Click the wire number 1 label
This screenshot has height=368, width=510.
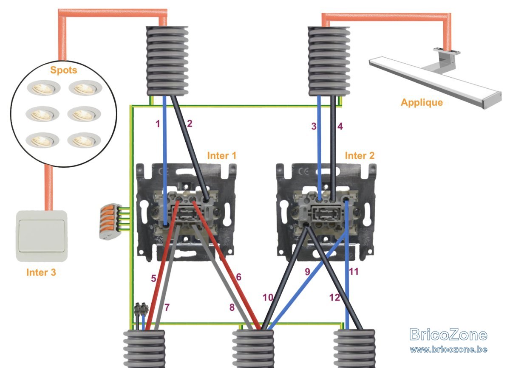(x=158, y=124)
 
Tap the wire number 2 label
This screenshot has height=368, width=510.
(x=190, y=124)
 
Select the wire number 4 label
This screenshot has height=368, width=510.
(x=340, y=126)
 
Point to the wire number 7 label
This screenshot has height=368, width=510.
(x=167, y=307)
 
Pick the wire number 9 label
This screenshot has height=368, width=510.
(x=307, y=272)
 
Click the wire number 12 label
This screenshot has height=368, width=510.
(x=334, y=297)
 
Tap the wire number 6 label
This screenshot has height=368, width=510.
(x=238, y=277)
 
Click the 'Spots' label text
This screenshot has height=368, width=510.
(x=63, y=70)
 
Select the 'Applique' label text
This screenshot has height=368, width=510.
(x=422, y=103)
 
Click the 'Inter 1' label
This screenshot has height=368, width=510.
(x=222, y=156)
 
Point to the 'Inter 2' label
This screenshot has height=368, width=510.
(x=360, y=156)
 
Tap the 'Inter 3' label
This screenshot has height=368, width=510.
(x=41, y=272)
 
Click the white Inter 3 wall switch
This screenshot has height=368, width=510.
(x=42, y=236)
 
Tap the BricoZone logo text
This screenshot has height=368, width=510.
(x=448, y=334)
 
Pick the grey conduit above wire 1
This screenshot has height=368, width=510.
(x=167, y=61)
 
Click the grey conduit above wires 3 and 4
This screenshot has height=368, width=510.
(x=329, y=61)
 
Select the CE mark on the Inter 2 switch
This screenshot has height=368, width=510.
(x=304, y=171)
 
